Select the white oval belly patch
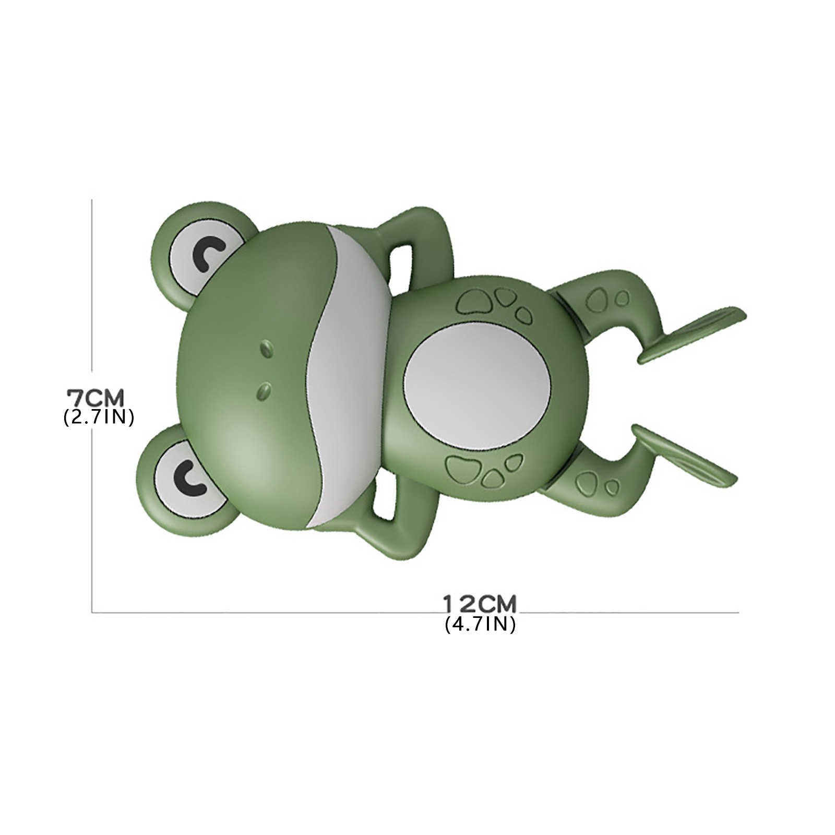(478, 385)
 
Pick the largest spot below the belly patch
(463, 464)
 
